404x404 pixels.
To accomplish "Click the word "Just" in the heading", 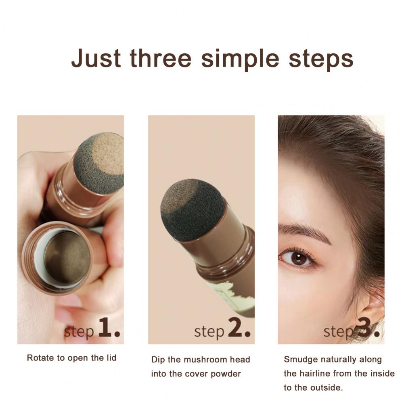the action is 96,58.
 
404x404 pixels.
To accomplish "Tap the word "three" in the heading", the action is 161,58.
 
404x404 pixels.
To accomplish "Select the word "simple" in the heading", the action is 240,60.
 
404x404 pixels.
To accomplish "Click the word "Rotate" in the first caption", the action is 41,358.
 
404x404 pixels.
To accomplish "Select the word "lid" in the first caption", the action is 111,358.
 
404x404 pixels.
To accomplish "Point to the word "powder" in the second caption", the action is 226,374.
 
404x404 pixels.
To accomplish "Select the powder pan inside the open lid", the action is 67,257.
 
